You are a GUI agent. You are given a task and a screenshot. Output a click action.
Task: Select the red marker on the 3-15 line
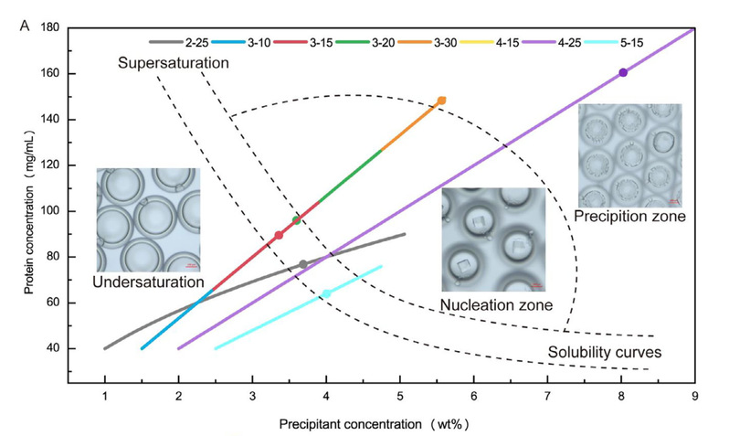(x=279, y=236)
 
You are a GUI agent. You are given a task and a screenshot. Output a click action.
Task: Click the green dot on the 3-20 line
(x=296, y=219)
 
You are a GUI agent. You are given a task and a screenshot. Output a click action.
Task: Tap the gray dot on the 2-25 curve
(x=303, y=265)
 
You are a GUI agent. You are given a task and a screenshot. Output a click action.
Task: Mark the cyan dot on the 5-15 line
(x=326, y=293)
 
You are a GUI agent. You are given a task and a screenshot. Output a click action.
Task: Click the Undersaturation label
(x=148, y=282)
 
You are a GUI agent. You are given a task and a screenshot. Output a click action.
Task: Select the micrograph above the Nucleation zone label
(x=493, y=240)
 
